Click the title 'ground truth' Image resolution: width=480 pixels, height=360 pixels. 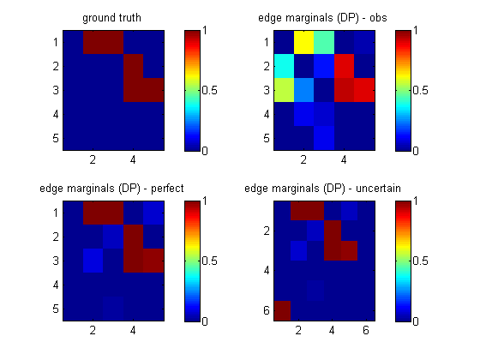(x=111, y=18)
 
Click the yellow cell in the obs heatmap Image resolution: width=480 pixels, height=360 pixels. (x=303, y=42)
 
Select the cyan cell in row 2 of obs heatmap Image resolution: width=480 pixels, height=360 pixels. (x=284, y=66)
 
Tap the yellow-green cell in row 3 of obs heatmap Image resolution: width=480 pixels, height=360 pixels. (x=284, y=90)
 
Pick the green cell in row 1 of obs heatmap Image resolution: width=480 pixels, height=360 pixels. (x=324, y=42)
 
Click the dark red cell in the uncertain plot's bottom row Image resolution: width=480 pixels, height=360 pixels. (x=282, y=311)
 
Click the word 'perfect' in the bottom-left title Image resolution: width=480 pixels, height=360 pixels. (x=167, y=189)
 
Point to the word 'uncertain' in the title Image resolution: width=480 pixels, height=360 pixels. (x=378, y=189)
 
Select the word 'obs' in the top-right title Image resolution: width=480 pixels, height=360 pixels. (x=378, y=18)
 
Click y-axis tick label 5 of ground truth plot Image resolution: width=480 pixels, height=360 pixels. (x=56, y=138)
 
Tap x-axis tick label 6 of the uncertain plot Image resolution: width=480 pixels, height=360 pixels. (x=366, y=330)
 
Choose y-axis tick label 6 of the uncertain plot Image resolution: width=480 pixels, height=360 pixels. (x=267, y=310)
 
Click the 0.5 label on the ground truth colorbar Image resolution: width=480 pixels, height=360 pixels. (x=210, y=90)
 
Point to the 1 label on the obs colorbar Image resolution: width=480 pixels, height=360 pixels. (x=416, y=30)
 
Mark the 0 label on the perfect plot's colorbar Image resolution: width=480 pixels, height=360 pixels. (x=205, y=321)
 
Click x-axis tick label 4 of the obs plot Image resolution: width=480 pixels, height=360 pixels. (x=344, y=159)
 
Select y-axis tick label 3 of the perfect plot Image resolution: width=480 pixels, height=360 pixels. (x=56, y=261)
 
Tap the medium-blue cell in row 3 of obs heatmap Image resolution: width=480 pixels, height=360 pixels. (x=303, y=90)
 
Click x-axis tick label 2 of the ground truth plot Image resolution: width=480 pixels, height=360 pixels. (x=93, y=159)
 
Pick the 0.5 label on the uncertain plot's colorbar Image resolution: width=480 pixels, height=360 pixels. (x=420, y=261)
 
